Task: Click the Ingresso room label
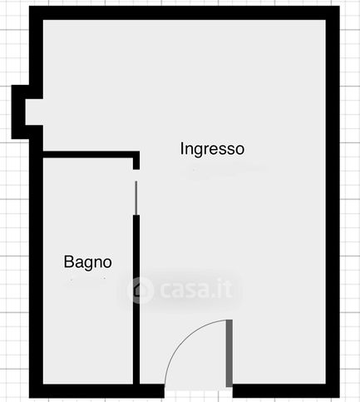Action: (x=212, y=150)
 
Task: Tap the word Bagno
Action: (x=87, y=262)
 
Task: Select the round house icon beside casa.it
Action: (x=141, y=290)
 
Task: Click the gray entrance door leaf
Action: (x=229, y=353)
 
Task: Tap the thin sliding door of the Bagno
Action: (x=136, y=195)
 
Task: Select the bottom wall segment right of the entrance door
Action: (x=283, y=390)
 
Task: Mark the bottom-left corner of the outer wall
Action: (x=36, y=390)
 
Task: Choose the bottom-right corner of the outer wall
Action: (x=332, y=390)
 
